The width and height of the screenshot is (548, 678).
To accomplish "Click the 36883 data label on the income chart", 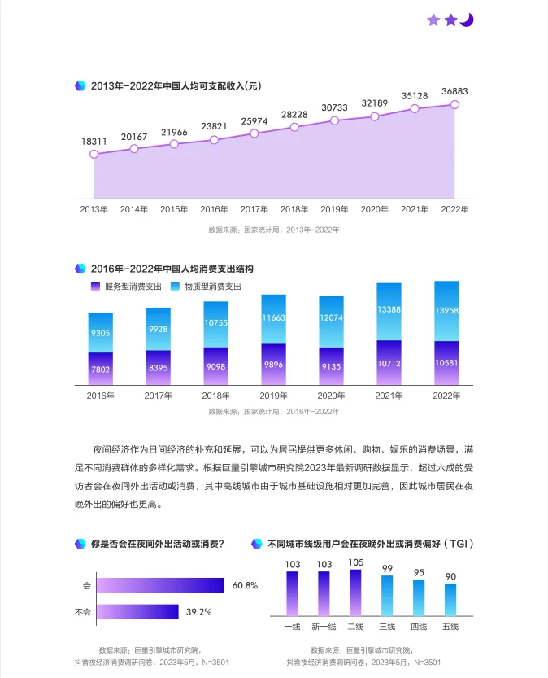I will coord(454,91).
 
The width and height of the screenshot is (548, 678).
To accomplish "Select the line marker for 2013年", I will coord(94,154).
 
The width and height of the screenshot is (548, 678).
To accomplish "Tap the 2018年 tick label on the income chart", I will coord(294,209).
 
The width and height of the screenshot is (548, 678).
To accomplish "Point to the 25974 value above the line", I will coord(254,121).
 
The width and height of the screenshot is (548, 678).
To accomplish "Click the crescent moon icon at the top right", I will coord(466,20).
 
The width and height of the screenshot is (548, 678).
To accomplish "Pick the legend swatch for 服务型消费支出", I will coord(96,287).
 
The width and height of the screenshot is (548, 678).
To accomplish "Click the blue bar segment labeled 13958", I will coord(446,310).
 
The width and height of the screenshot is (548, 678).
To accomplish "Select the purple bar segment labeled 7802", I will coord(100,369).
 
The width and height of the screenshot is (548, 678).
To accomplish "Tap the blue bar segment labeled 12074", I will coord(331,322).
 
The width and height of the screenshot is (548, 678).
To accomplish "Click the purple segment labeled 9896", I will coord(273,364).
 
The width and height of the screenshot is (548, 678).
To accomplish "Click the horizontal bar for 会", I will coord(160,585).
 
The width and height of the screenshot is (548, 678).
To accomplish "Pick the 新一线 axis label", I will coord(324,626).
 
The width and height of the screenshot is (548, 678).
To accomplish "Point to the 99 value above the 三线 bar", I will coord(387,568).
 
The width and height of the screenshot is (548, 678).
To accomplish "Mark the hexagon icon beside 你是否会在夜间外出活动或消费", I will coord(80,544).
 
